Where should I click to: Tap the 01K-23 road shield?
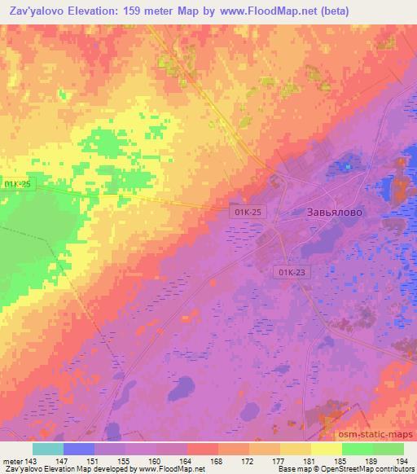point(292,274)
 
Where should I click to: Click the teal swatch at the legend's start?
point(47,448)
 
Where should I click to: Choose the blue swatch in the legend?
point(78,448)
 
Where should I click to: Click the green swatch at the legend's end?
point(388,448)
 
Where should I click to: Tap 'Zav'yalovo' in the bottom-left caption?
point(24,469)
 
